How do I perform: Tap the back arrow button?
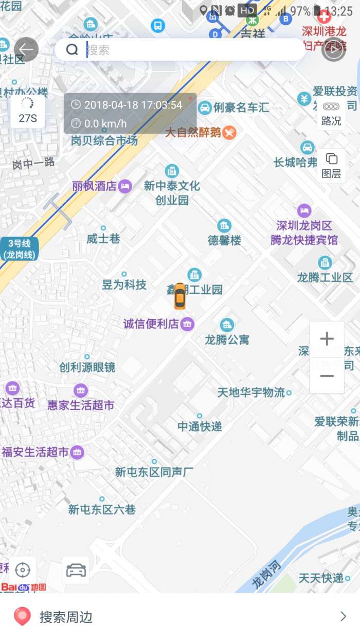pyautogui.click(x=26, y=50)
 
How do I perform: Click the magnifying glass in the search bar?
pyautogui.click(x=72, y=50)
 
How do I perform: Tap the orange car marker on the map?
pyautogui.click(x=179, y=296)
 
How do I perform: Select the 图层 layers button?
pyautogui.click(x=331, y=165)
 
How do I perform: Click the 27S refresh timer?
pyautogui.click(x=28, y=111)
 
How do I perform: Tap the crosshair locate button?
pyautogui.click(x=23, y=570)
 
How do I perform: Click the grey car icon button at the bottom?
pyautogui.click(x=76, y=570)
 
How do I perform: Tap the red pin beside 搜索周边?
pyautogui.click(x=22, y=616)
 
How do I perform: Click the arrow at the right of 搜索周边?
pyautogui.click(x=343, y=616)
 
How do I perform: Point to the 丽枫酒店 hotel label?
pyautogui.click(x=95, y=186)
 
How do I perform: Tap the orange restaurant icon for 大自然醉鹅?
pyautogui.click(x=229, y=133)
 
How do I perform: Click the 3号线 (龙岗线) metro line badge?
pyautogui.click(x=19, y=248)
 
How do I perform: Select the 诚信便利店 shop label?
pyautogui.click(x=151, y=324)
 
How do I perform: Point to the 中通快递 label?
pyautogui.click(x=200, y=426)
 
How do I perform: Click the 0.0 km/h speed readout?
pyautogui.click(x=105, y=123)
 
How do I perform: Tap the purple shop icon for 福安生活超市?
pyautogui.click(x=77, y=452)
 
